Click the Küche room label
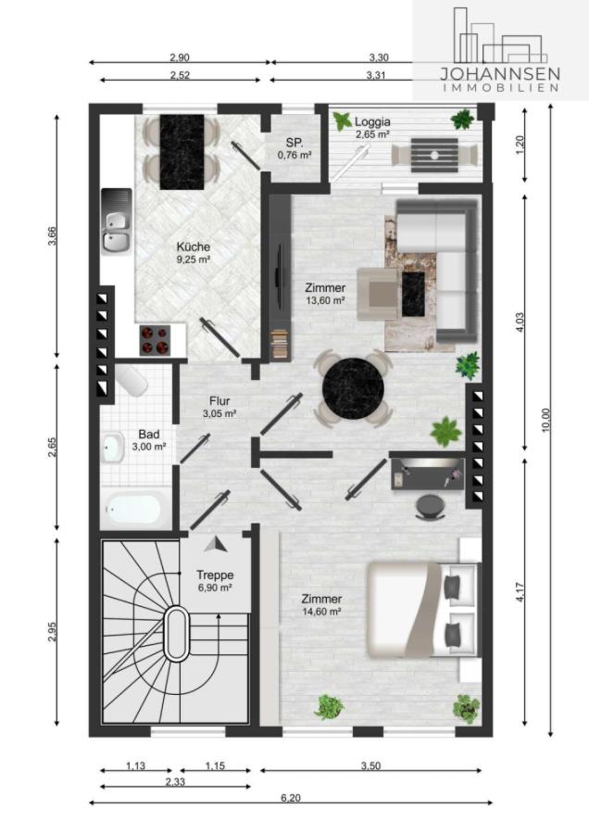(194, 246)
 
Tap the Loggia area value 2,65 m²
(373, 134)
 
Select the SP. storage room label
(294, 143)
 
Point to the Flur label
(219, 401)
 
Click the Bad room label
(149, 435)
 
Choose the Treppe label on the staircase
(215, 575)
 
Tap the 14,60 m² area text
(321, 612)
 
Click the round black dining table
(354, 386)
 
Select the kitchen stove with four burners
(155, 340)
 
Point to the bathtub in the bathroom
(134, 509)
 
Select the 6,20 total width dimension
(290, 798)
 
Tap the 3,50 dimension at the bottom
(370, 766)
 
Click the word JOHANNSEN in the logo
(500, 73)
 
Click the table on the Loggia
(434, 156)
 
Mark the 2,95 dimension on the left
(52, 632)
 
